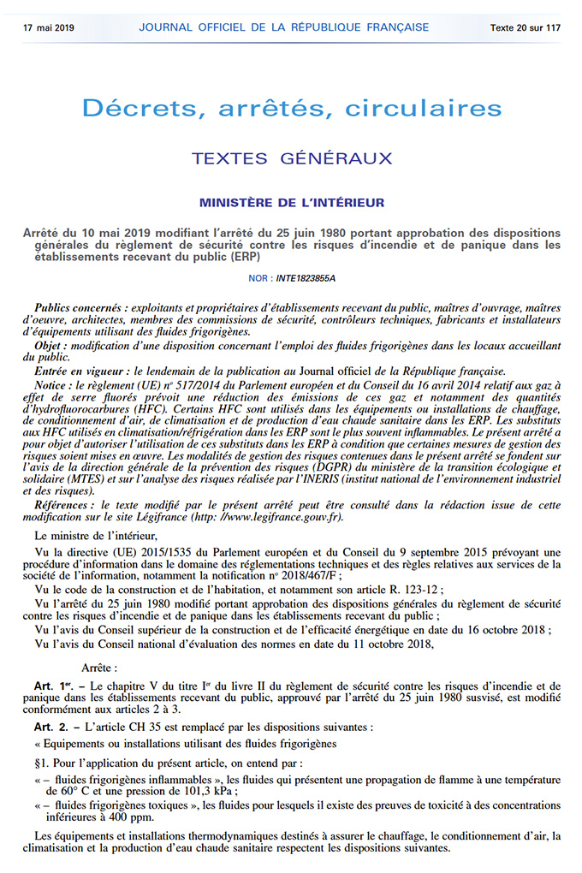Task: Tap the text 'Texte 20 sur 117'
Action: (x=526, y=27)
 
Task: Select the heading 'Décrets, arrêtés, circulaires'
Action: (x=291, y=108)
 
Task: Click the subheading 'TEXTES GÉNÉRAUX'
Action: (x=292, y=158)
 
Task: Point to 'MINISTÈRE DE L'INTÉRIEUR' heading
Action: (x=292, y=203)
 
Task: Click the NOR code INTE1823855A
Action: (x=306, y=278)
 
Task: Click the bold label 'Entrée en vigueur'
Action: (x=81, y=371)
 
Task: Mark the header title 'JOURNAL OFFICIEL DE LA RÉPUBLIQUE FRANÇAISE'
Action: (x=284, y=27)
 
